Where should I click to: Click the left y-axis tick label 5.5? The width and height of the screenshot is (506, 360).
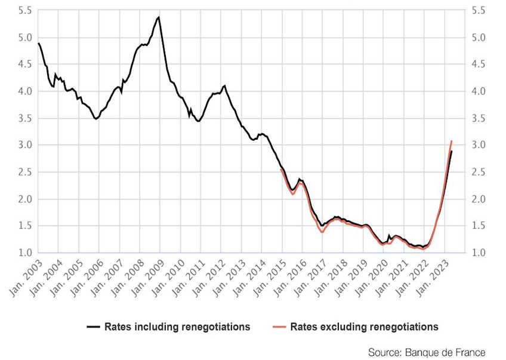click(24, 11)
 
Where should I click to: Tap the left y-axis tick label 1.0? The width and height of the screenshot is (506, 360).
click(24, 253)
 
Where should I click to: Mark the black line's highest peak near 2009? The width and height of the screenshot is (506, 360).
click(159, 17)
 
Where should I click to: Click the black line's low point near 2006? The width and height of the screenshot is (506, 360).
click(95, 119)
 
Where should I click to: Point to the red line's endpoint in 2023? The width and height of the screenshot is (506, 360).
click(452, 141)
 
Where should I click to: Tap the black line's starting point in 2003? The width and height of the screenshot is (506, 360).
click(38, 43)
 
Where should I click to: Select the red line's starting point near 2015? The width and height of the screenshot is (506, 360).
click(281, 169)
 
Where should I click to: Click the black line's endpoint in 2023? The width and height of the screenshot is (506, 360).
click(452, 151)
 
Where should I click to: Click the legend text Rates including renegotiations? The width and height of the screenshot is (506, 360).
click(177, 327)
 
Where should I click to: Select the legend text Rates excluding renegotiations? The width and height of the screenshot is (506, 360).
click(365, 327)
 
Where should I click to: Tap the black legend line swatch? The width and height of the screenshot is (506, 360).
click(94, 327)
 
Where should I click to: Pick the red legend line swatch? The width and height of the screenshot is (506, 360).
click(280, 327)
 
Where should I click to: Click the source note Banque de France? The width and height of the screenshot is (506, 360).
click(427, 352)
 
